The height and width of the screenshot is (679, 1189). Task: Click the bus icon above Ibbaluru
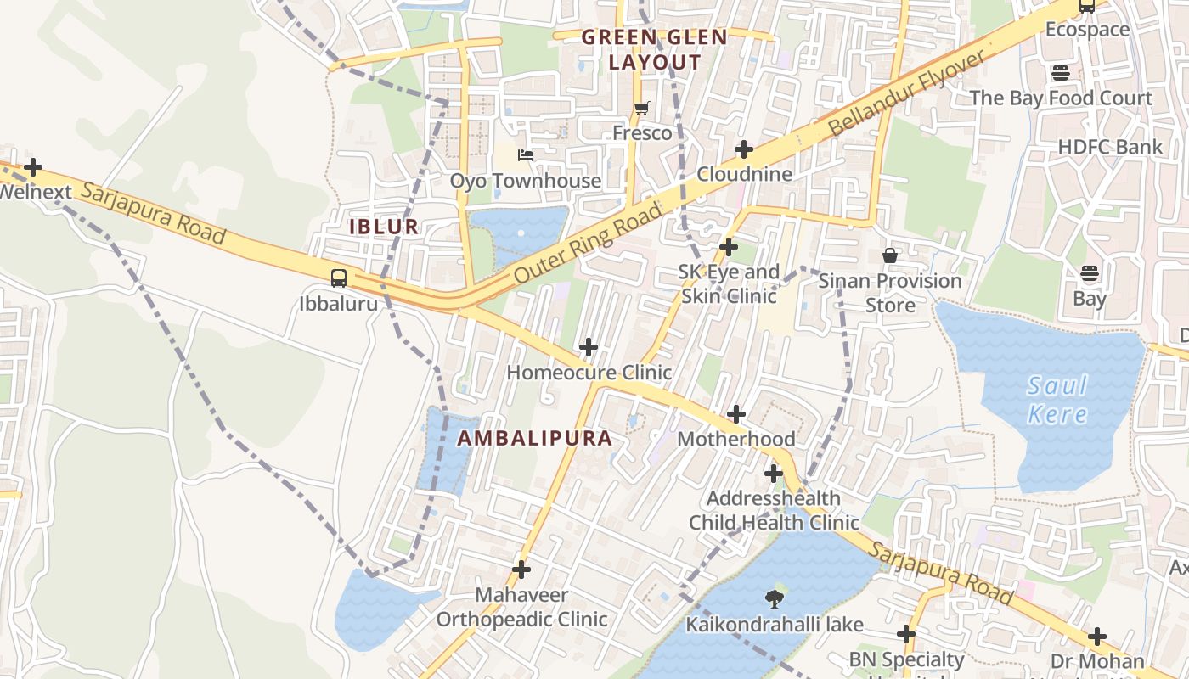[x=338, y=278]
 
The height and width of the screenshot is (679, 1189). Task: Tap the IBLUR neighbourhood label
[x=384, y=227]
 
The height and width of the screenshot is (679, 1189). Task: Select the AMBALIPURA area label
[x=535, y=438]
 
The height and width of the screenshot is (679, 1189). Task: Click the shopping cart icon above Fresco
[x=642, y=108]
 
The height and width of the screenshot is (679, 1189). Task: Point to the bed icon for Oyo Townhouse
[x=526, y=155]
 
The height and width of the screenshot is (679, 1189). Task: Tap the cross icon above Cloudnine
[x=744, y=149]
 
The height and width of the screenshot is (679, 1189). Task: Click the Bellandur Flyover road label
[x=906, y=93]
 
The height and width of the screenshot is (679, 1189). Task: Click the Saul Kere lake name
[x=1057, y=400]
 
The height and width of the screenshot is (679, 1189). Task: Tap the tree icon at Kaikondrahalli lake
[x=774, y=599]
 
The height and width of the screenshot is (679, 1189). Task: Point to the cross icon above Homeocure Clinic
[x=588, y=347]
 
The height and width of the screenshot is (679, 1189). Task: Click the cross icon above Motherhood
[x=736, y=414]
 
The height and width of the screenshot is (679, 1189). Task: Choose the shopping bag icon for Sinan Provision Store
[x=890, y=255]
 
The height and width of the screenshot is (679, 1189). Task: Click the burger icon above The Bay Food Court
[x=1060, y=73]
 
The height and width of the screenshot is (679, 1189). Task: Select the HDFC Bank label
[x=1110, y=147]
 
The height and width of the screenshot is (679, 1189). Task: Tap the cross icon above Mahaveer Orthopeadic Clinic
[x=521, y=570]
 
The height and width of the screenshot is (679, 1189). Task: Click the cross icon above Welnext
[x=33, y=167]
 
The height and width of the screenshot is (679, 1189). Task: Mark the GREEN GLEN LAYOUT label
[x=654, y=49]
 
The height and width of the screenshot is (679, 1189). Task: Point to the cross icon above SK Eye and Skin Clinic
[x=729, y=247]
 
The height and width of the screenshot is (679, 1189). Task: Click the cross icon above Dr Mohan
[x=1097, y=636]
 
